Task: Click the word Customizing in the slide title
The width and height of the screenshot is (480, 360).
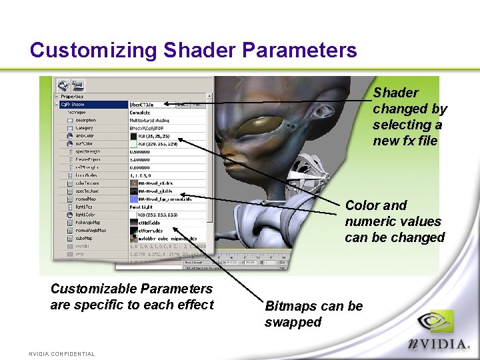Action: tap(93, 50)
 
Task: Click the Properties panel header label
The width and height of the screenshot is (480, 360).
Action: tap(72, 97)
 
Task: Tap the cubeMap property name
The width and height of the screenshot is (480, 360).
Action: tap(83, 238)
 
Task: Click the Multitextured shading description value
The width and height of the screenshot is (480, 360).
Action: tap(149, 120)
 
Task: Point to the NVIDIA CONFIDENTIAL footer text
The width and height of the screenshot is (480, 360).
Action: tap(62, 354)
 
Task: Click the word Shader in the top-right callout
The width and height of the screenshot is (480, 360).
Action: tap(395, 93)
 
